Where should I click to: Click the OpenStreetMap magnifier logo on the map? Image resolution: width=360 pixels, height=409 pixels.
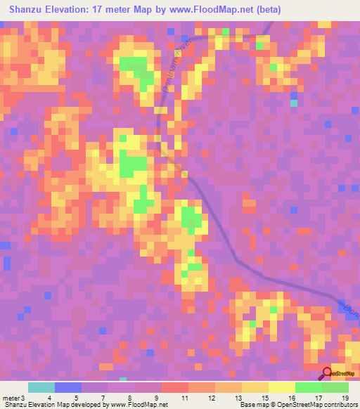pyautogui.click(x=328, y=373)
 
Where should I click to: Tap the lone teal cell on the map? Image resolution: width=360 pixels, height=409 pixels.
pyautogui.click(x=294, y=103)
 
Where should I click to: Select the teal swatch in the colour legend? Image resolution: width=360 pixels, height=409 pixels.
pyautogui.click(x=41, y=387)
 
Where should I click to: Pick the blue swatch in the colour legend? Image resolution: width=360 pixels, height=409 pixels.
pyautogui.click(x=68, y=387)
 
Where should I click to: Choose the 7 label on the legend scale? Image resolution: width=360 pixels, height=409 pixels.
pyautogui.click(x=103, y=398)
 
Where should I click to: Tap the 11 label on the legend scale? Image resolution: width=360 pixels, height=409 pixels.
pyautogui.click(x=184, y=398)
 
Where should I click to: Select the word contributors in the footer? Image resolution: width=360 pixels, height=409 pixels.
pyautogui.click(x=340, y=405)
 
